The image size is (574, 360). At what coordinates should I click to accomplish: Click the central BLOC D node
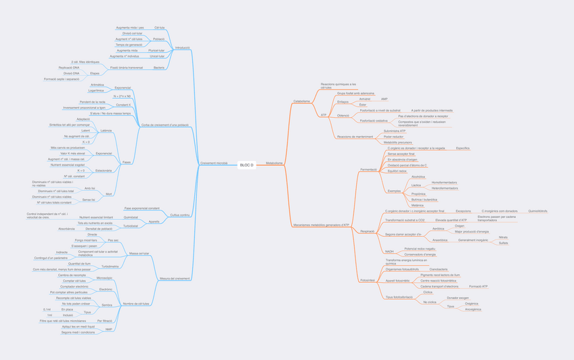(x=246, y=165)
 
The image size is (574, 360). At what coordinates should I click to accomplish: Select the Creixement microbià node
(x=214, y=163)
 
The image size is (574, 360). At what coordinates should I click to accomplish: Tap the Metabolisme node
(x=274, y=163)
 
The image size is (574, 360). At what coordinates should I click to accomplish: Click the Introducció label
(x=182, y=48)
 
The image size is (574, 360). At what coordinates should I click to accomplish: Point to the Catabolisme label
(x=302, y=102)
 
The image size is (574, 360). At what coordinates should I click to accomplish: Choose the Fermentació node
(x=368, y=169)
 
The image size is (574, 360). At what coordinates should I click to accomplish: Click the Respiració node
(x=367, y=231)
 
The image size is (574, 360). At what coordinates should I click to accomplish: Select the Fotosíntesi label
(x=368, y=279)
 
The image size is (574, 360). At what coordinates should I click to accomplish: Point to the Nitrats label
(x=503, y=238)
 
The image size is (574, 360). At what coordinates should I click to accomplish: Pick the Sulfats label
(x=503, y=243)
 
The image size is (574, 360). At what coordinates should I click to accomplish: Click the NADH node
(x=389, y=251)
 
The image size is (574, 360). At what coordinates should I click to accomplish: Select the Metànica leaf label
(x=418, y=206)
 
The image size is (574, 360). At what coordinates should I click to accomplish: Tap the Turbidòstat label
(x=129, y=225)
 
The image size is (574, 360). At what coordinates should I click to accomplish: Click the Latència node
(x=106, y=131)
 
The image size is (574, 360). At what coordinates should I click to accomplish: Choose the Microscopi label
(x=104, y=278)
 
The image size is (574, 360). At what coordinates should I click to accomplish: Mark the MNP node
(x=108, y=330)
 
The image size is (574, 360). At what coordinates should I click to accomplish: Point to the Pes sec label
(x=113, y=240)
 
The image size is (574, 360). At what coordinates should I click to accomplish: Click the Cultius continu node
(x=180, y=215)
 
